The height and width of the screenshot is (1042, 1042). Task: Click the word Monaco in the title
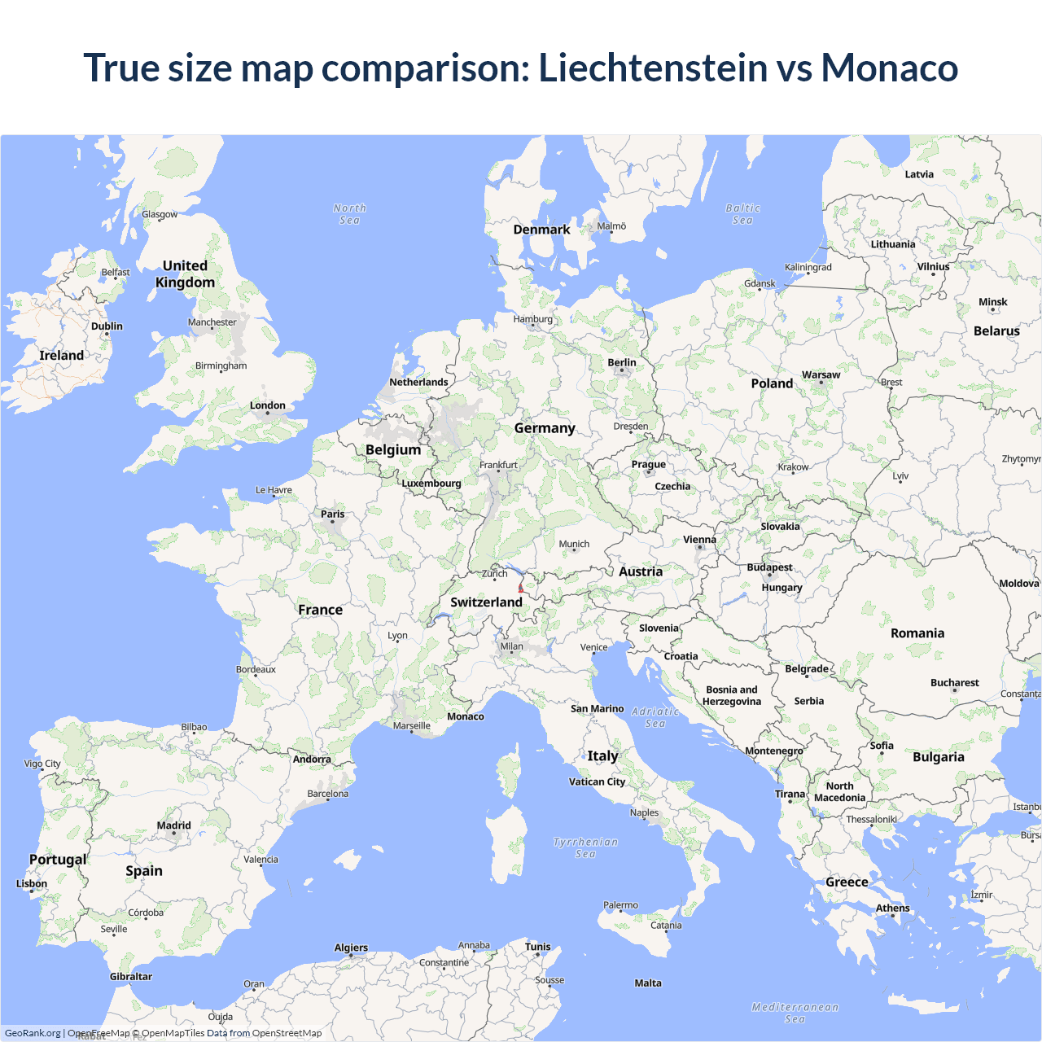(x=889, y=68)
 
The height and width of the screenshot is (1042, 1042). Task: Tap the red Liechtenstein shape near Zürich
(x=521, y=587)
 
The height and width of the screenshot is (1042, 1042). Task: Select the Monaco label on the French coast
(x=466, y=716)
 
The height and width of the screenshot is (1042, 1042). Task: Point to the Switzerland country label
(x=486, y=602)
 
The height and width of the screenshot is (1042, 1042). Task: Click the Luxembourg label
(x=431, y=483)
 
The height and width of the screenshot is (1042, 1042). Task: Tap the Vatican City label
(x=597, y=781)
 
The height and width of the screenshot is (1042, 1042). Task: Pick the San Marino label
(x=597, y=709)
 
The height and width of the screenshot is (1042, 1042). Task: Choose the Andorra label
(x=312, y=760)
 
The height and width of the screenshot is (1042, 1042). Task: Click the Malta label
(x=648, y=983)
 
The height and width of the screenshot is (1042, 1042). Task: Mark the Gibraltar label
(x=131, y=977)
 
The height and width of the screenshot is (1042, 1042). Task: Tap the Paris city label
(x=332, y=514)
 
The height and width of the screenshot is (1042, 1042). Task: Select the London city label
(x=267, y=405)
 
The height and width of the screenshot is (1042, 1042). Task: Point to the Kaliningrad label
(x=808, y=267)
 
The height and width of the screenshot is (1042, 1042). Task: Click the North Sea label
(x=349, y=214)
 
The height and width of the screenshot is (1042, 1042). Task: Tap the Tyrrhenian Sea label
(x=585, y=847)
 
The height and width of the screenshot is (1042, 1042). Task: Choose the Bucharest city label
(x=954, y=683)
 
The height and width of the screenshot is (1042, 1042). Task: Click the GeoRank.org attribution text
(x=33, y=1033)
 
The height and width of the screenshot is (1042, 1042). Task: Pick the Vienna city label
(x=699, y=540)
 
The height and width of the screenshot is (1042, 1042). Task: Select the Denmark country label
(x=541, y=230)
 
